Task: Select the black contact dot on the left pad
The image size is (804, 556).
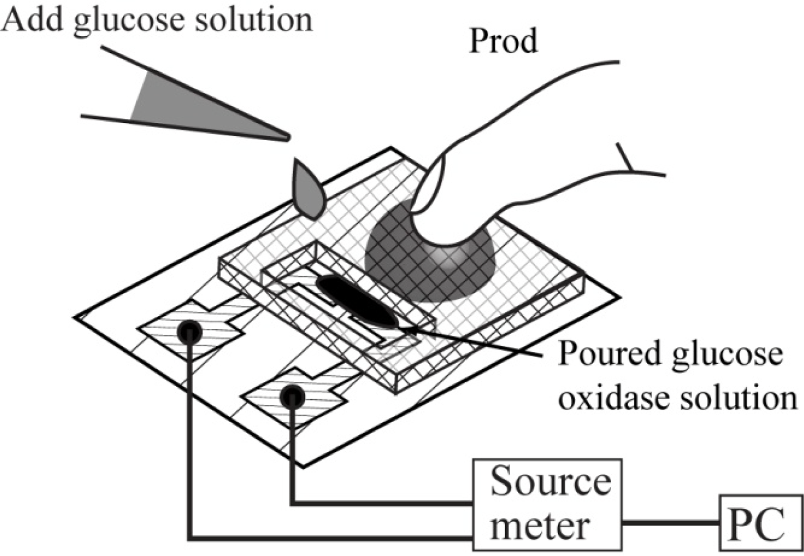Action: pyautogui.click(x=189, y=332)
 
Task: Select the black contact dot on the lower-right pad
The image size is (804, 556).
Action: pyautogui.click(x=292, y=396)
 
